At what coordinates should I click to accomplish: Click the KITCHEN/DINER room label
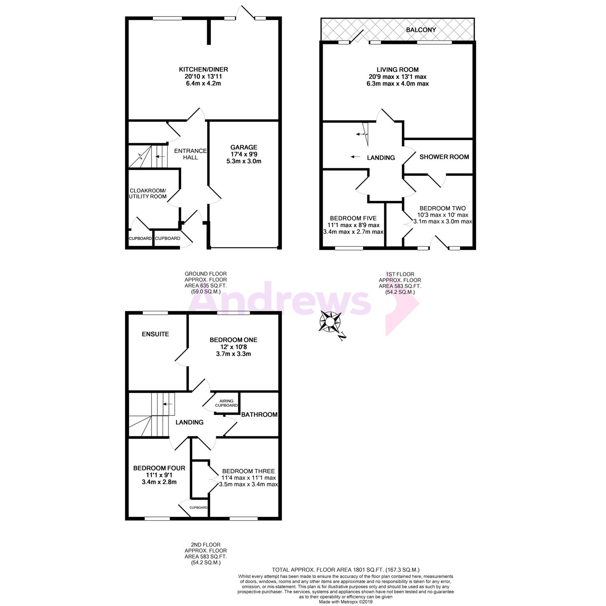203,69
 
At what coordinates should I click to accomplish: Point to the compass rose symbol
330,322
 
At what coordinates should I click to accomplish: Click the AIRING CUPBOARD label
226,403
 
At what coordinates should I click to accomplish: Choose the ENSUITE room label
155,334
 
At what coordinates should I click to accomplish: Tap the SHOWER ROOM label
444,157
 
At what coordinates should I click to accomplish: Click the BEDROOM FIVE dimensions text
353,228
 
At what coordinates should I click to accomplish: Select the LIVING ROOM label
397,69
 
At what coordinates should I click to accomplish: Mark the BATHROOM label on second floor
259,415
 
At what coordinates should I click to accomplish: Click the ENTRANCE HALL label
190,154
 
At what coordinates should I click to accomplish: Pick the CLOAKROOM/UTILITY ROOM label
148,193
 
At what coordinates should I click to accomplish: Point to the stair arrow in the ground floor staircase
160,157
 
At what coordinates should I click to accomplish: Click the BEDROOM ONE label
233,340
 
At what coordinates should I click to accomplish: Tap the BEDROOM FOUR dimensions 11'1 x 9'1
159,475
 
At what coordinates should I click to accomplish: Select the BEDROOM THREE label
248,471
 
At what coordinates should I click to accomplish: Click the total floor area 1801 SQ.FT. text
345,570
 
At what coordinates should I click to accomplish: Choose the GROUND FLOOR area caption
206,282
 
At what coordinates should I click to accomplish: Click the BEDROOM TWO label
442,208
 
